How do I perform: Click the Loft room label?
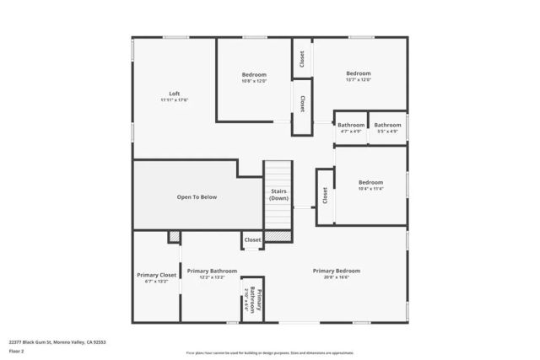click(x=174, y=94)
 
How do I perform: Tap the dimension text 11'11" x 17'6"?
click(x=174, y=100)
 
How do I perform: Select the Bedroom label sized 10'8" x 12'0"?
click(x=254, y=74)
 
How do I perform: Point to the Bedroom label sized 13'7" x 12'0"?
click(x=358, y=73)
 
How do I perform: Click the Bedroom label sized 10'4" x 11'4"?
click(x=370, y=182)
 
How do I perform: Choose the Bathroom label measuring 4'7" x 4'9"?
click(x=351, y=125)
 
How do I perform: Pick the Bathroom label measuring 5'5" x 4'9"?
click(x=387, y=125)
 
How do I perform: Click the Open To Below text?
click(x=197, y=196)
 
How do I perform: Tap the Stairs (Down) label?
click(x=278, y=195)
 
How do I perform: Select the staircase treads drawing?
click(x=278, y=216)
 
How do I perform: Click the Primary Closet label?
click(x=157, y=275)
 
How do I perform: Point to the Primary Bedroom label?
click(x=337, y=271)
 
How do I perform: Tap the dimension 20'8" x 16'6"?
click(x=337, y=277)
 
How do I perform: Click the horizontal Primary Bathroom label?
click(x=206, y=271)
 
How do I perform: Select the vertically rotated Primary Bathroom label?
click(x=258, y=302)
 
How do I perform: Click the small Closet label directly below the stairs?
click(x=252, y=240)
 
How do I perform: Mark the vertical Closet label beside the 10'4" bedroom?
click(x=325, y=196)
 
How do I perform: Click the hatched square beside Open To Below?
click(x=174, y=237)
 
